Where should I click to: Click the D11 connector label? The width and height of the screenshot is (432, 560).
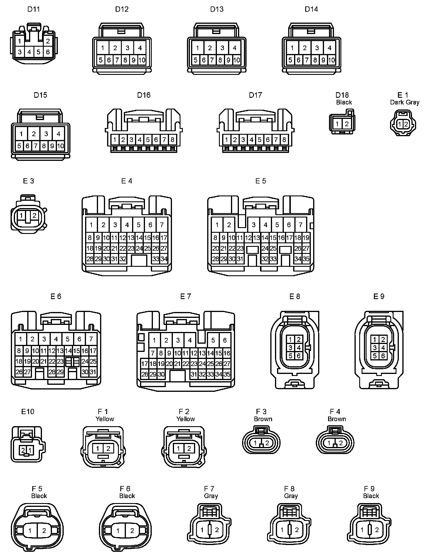coord(33,9)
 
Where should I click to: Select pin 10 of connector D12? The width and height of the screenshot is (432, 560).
coord(142,60)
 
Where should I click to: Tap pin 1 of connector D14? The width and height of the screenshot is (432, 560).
coord(292,48)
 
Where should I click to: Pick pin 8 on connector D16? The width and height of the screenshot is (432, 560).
coord(172,140)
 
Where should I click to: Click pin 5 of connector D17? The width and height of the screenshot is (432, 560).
coord(259,140)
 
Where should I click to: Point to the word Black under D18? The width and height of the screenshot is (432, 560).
coord(344,102)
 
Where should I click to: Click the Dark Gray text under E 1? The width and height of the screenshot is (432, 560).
coord(404,102)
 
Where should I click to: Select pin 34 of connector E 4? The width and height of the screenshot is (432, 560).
coord(164,259)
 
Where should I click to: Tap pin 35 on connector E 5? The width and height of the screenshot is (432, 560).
coord(306,259)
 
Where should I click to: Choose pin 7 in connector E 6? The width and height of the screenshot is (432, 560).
coord(91,339)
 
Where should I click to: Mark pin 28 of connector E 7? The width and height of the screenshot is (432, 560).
coord(145,374)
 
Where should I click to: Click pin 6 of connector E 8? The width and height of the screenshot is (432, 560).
coord(299,356)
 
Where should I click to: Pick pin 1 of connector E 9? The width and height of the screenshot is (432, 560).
coord(375,340)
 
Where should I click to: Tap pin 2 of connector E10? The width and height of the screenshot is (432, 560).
coord(23,450)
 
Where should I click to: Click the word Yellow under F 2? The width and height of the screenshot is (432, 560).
coord(185,419)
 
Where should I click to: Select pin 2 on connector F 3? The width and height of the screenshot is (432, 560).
coord(267,443)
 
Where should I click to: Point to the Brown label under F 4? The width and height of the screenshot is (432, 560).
coord(337,419)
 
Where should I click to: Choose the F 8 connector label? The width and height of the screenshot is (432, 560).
coord(289,489)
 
